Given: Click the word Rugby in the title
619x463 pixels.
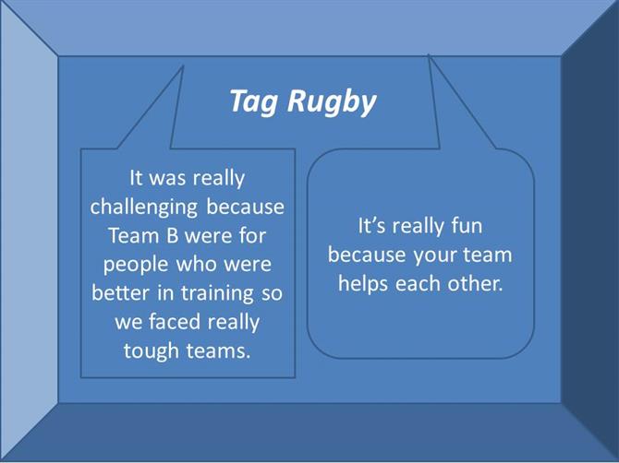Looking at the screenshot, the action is click(332, 102).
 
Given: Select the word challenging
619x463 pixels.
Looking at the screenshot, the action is click(144, 208).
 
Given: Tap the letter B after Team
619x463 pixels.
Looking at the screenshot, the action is click(172, 235).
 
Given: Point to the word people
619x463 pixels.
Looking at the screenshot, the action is click(137, 266).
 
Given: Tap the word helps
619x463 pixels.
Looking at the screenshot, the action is click(363, 284).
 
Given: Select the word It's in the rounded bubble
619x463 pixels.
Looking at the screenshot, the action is click(372, 226).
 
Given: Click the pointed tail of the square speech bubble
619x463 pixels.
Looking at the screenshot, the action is click(183, 66).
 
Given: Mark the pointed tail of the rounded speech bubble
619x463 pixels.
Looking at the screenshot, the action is click(429, 55).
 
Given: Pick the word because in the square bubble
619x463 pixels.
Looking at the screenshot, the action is click(245, 207).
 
